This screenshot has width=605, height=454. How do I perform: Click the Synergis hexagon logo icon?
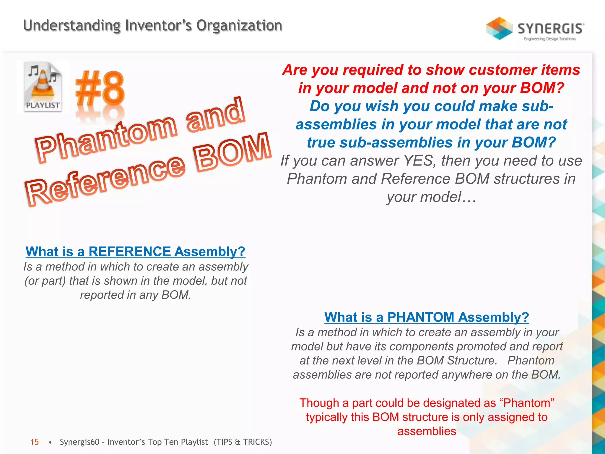pos(499,28)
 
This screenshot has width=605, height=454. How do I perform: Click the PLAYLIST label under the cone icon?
pos(43,105)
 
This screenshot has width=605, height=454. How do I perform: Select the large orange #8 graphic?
pos(100,89)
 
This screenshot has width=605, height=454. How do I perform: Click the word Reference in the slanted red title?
pos(105,180)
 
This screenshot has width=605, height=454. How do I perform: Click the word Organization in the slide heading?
pos(239,25)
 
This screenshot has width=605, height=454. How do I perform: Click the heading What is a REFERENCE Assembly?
pos(135,252)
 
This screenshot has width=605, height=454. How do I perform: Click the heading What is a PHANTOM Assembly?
pos(427,317)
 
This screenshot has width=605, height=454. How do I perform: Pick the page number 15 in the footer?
pos(35,442)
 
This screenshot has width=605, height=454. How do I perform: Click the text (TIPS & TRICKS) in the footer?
pos(243,442)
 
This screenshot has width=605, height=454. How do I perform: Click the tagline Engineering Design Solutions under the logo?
pos(550,39)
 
